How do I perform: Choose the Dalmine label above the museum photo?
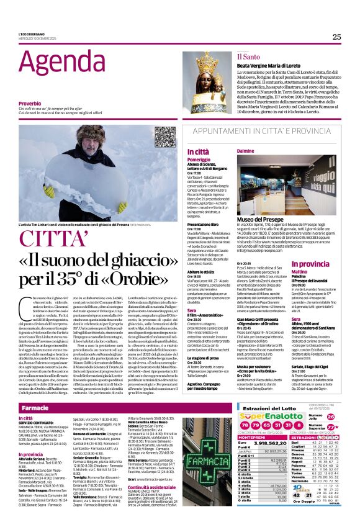pyautogui.click(x=246, y=151)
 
